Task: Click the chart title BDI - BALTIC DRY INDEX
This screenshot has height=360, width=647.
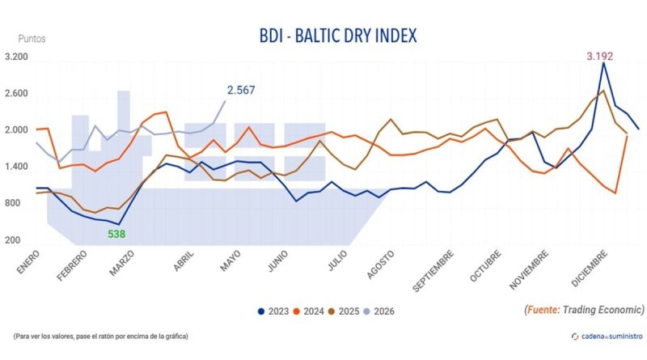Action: [x=337, y=36]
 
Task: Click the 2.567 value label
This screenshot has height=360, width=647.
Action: [x=241, y=90]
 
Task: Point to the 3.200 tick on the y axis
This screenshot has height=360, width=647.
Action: [x=17, y=58]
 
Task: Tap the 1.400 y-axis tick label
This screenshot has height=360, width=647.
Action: [x=17, y=167]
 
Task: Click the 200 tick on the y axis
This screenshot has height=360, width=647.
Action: [x=12, y=240]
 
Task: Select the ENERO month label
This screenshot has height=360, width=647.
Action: [x=27, y=261]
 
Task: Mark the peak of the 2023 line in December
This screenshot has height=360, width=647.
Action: [x=603, y=63]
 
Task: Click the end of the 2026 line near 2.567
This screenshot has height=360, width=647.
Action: [x=226, y=100]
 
